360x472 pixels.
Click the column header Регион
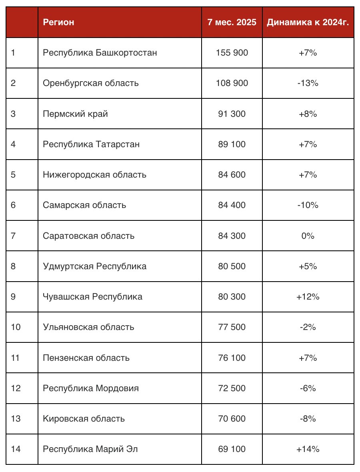click(x=58, y=22)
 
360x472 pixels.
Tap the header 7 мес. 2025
click(x=232, y=22)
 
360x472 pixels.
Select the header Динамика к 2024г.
click(x=308, y=22)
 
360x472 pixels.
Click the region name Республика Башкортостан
click(x=100, y=53)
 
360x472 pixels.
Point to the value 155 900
click(x=232, y=53)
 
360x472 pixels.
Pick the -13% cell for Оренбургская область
click(x=308, y=83)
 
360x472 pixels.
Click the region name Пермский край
click(x=75, y=114)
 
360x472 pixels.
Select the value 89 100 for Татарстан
click(x=232, y=144)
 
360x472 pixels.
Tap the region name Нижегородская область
click(x=94, y=175)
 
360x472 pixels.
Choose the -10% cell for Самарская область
click(x=308, y=205)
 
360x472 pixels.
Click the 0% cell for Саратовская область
click(x=308, y=236)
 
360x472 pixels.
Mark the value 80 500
click(x=232, y=266)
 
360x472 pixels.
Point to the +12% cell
click(x=308, y=297)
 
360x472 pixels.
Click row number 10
click(x=16, y=327)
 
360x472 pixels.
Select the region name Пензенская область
click(x=86, y=358)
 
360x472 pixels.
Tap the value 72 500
click(x=232, y=388)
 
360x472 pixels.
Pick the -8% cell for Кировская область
click(x=308, y=419)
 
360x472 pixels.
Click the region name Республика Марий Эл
click(x=90, y=449)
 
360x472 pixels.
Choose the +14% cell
click(x=308, y=449)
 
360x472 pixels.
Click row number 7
click(x=14, y=236)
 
